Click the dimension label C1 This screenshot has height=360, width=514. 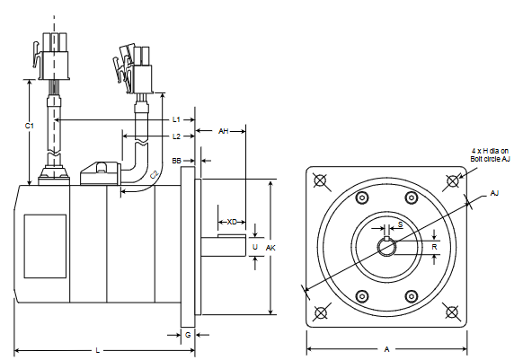29,126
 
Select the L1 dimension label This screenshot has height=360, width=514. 177,119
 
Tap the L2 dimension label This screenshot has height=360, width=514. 177,136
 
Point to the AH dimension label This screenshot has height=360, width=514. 225,131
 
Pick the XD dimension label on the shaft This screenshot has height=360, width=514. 232,221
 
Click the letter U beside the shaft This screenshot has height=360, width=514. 255,246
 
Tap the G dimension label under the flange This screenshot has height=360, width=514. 187,334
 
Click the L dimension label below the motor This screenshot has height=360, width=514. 97,349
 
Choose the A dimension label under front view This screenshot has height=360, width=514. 386,349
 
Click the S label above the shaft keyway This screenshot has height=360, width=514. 400,224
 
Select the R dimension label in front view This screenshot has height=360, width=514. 434,246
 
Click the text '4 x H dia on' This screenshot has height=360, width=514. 490,150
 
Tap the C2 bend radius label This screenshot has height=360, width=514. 154,175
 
